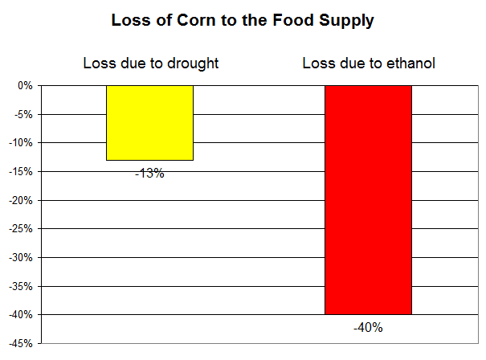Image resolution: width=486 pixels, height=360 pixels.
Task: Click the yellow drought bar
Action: [149, 122]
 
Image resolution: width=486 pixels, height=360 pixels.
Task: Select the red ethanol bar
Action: [368, 199]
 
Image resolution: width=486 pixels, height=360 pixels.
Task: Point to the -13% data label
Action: [149, 173]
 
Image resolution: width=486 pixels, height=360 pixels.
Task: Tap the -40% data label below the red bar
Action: [368, 327]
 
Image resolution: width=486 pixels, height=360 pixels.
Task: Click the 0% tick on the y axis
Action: [24, 85]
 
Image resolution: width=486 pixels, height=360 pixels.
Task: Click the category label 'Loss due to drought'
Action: [151, 63]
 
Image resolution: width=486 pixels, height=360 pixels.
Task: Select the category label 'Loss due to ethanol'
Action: [369, 63]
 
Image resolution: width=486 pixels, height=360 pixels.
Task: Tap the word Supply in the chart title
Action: [345, 22]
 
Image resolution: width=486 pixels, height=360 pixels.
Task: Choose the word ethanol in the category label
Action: [410, 63]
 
